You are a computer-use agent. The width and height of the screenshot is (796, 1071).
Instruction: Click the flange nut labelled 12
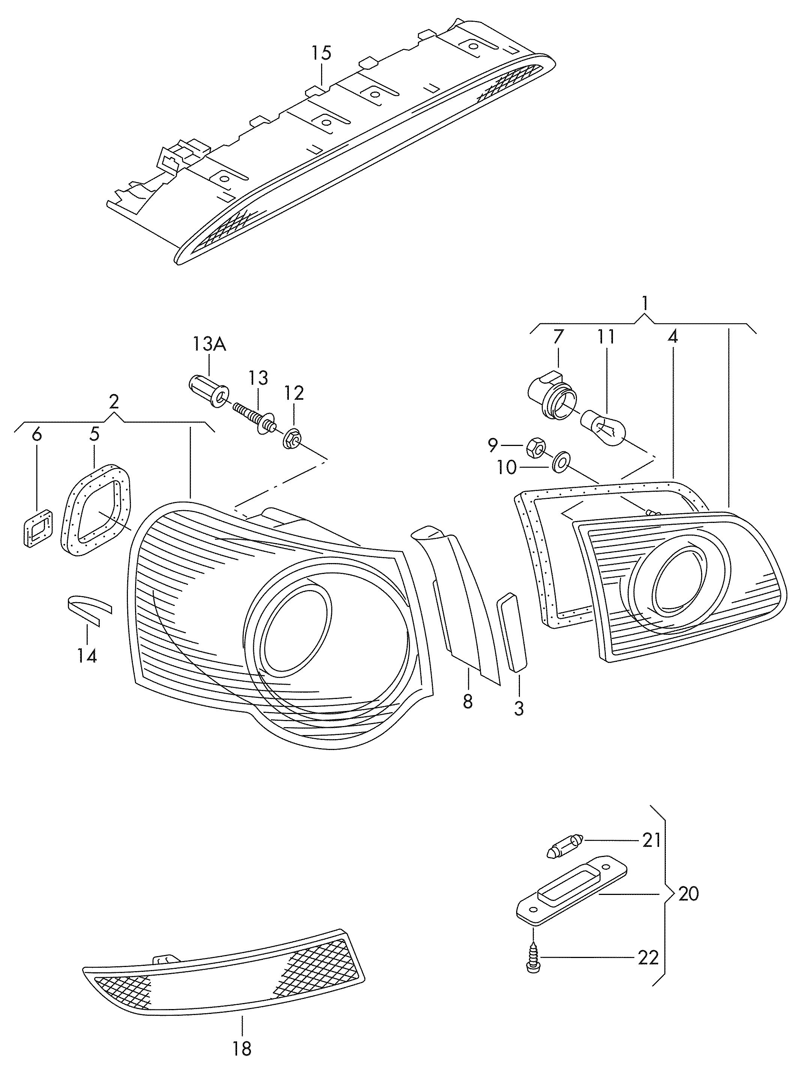(293, 438)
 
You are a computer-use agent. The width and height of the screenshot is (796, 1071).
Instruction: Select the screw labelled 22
(533, 957)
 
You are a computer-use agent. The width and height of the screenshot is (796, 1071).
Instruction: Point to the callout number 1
(645, 303)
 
